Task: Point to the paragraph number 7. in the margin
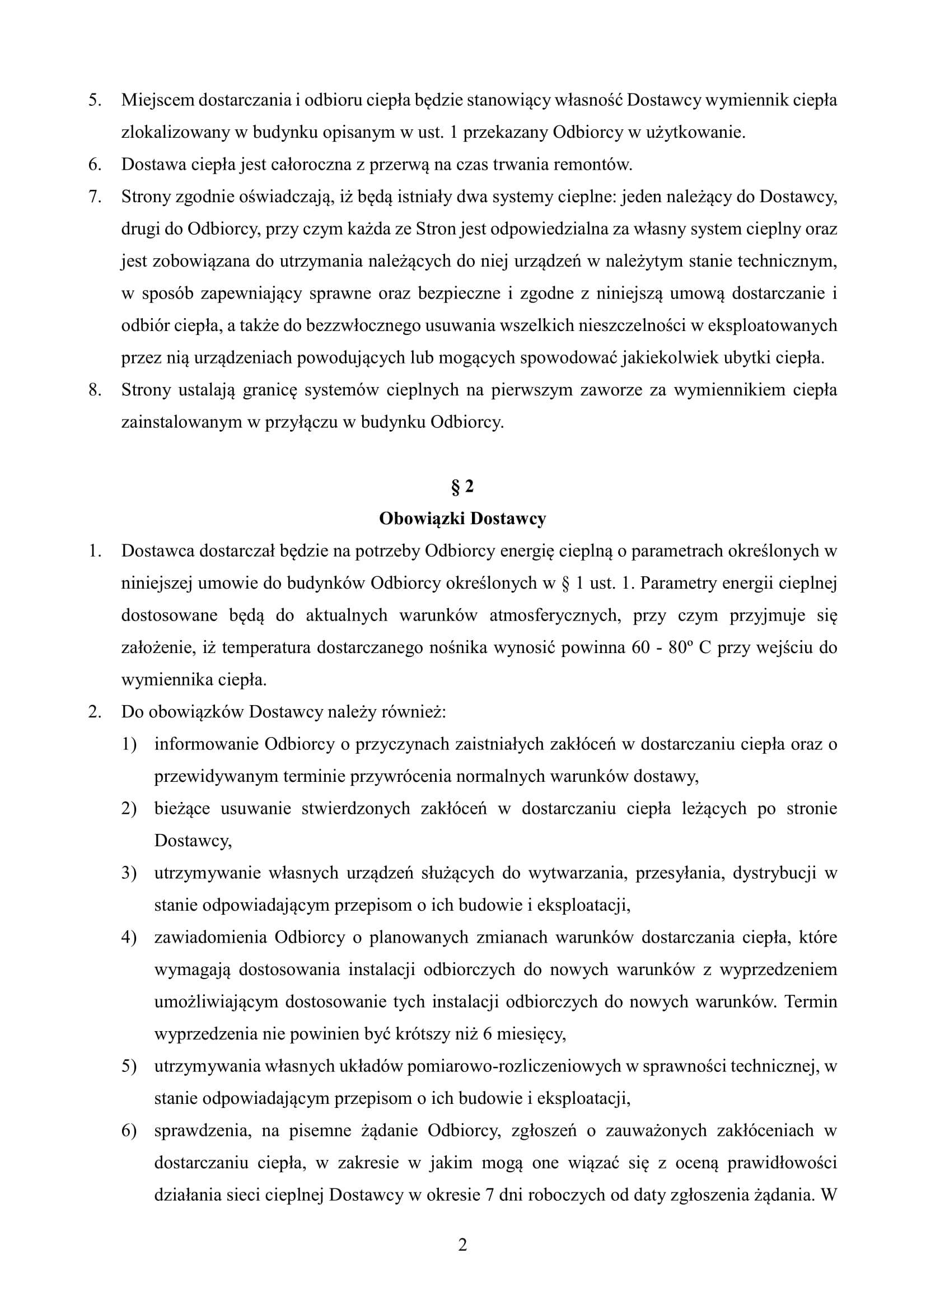coord(95,197)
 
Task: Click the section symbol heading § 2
coord(462,487)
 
